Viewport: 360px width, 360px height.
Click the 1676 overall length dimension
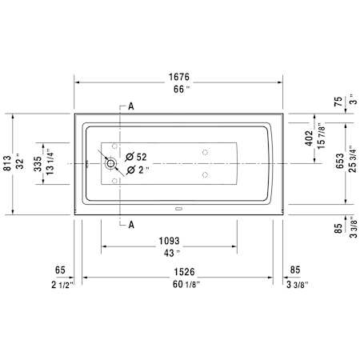[x=179, y=77]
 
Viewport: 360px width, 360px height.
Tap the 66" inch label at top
[x=182, y=89]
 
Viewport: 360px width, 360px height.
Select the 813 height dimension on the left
[x=7, y=163]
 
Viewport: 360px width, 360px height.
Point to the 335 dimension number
[x=38, y=164]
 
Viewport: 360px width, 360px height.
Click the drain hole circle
[x=110, y=163]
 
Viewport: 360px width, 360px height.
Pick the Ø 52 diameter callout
[x=136, y=157]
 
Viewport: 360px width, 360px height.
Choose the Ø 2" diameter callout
[x=138, y=170]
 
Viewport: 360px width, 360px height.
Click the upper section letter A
[x=131, y=106]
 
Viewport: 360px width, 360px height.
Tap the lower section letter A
[x=131, y=225]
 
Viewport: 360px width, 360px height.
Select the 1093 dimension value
[x=170, y=241]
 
